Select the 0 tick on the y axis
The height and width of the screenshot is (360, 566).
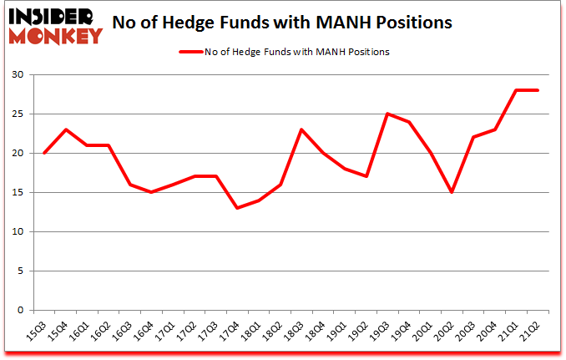pyautogui.click(x=20, y=310)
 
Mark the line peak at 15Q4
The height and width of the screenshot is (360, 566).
pyautogui.click(x=65, y=129)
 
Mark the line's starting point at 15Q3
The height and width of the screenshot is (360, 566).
pyautogui.click(x=43, y=153)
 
